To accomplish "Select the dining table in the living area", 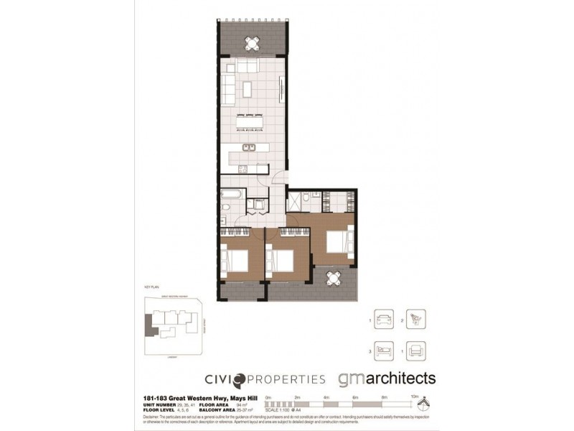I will (245, 122).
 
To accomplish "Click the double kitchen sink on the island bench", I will (248, 149).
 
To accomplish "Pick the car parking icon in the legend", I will (383, 318).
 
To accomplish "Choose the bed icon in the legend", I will (383, 350).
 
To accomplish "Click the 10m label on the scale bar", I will (414, 397).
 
